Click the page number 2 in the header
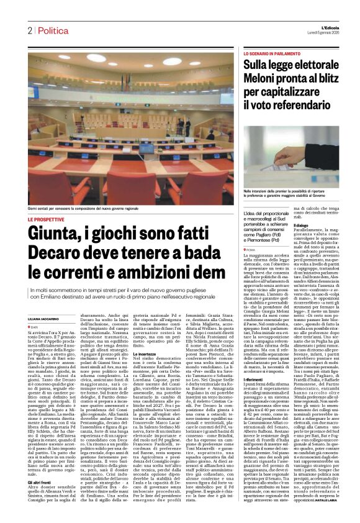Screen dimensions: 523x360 (x=29, y=30)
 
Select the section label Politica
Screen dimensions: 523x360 (x=52, y=30)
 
